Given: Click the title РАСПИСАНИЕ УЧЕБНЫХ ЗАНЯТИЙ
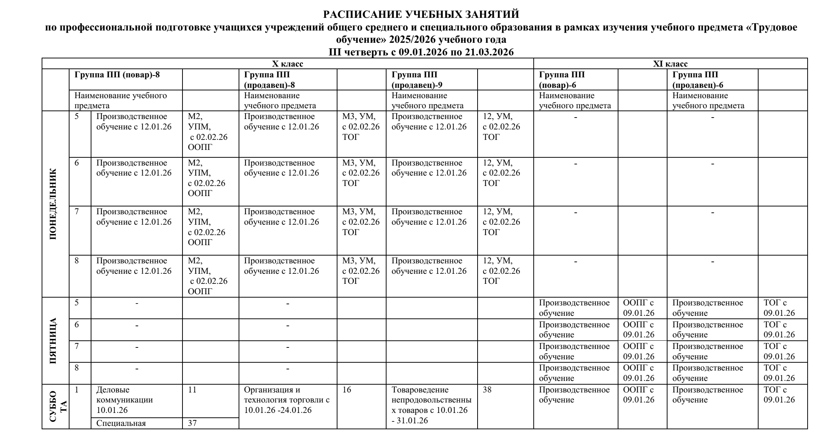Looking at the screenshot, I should (x=421, y=15).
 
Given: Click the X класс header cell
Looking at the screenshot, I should (x=288, y=64).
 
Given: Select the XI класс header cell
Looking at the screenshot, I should (x=670, y=64).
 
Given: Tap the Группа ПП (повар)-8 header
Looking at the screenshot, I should (x=117, y=74).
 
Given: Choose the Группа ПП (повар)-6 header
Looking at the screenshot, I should (x=562, y=80).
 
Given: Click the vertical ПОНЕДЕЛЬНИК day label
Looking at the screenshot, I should (x=54, y=204).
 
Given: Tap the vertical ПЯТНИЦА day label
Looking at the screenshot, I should (x=54, y=341).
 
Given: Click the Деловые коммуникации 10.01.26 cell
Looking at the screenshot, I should (x=124, y=400).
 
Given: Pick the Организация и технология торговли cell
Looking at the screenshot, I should (x=287, y=400).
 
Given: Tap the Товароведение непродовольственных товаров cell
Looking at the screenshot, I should (x=431, y=405).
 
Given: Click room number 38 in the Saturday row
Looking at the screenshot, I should (x=487, y=390).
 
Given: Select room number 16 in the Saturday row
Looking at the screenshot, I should (x=347, y=390).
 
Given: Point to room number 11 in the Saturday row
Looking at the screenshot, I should (x=192, y=390).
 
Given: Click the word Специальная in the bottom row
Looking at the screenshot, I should (x=121, y=423).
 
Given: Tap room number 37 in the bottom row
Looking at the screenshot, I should (x=192, y=423).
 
